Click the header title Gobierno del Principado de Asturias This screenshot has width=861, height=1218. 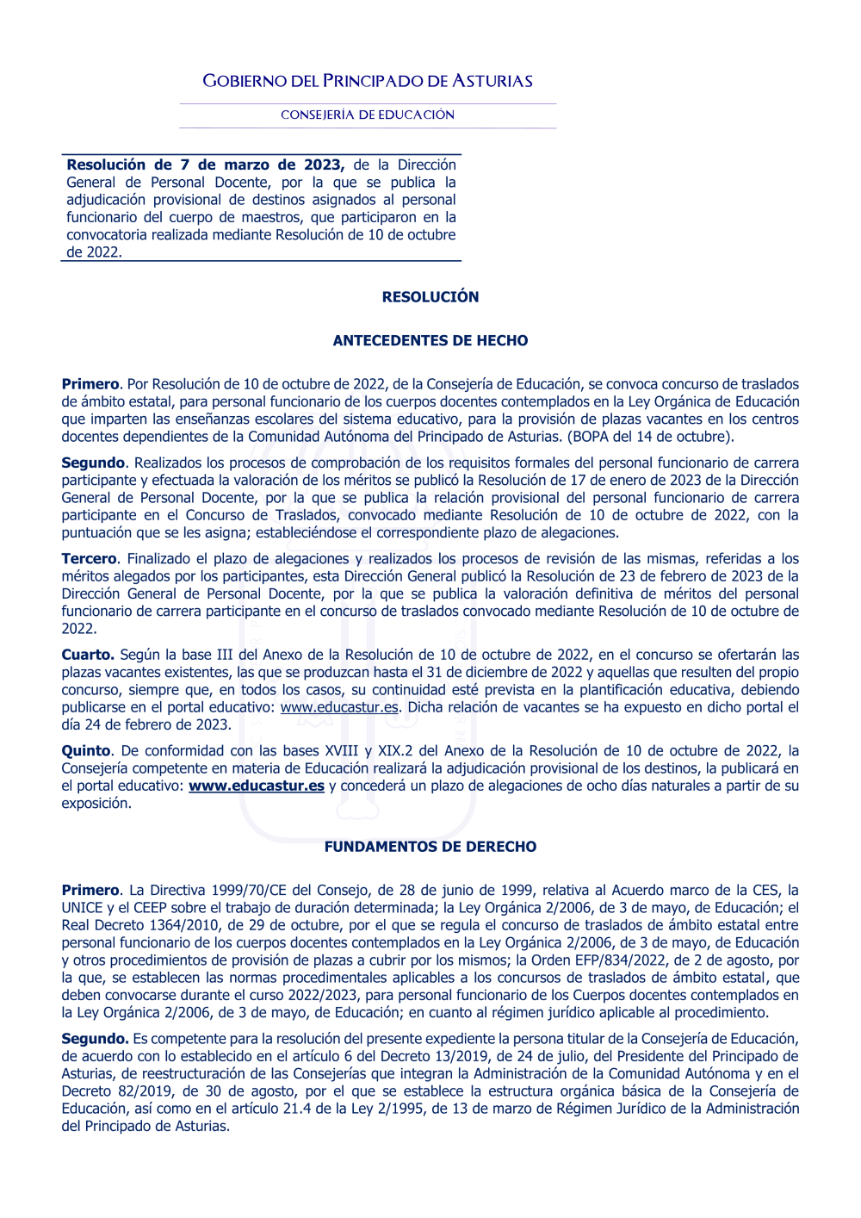tap(368, 81)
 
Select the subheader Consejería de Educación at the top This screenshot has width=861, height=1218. tap(368, 115)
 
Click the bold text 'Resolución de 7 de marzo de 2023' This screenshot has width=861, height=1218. tap(205, 165)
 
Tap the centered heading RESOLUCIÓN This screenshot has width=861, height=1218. tap(430, 296)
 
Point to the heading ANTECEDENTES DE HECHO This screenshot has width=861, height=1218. tap(430, 340)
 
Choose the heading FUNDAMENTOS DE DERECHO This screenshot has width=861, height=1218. tap(430, 847)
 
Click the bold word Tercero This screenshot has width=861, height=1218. tap(89, 558)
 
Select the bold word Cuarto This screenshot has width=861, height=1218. tap(87, 655)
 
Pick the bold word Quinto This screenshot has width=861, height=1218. tap(86, 750)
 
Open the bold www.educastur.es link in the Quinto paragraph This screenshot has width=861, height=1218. tap(257, 786)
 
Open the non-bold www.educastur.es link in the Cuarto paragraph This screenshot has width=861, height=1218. tap(339, 707)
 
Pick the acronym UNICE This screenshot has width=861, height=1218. tap(83, 908)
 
